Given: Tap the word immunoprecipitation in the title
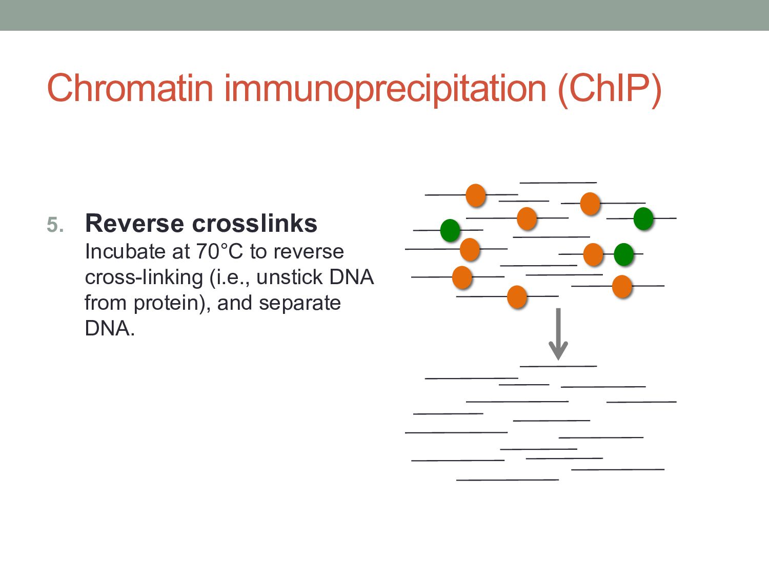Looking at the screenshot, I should (385, 88).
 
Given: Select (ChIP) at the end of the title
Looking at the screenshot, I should (610, 88).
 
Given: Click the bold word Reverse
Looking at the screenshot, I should (134, 224).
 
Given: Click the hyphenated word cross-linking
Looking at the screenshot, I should (144, 277).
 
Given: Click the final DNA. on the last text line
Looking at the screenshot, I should (110, 328).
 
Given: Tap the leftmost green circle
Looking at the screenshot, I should (450, 230).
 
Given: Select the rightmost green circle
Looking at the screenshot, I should (643, 218).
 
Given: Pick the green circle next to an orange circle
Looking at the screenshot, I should (623, 254).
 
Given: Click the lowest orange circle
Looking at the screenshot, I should (517, 296).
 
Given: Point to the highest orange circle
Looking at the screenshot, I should (476, 195).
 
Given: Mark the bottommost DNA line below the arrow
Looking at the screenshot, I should (508, 480).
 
